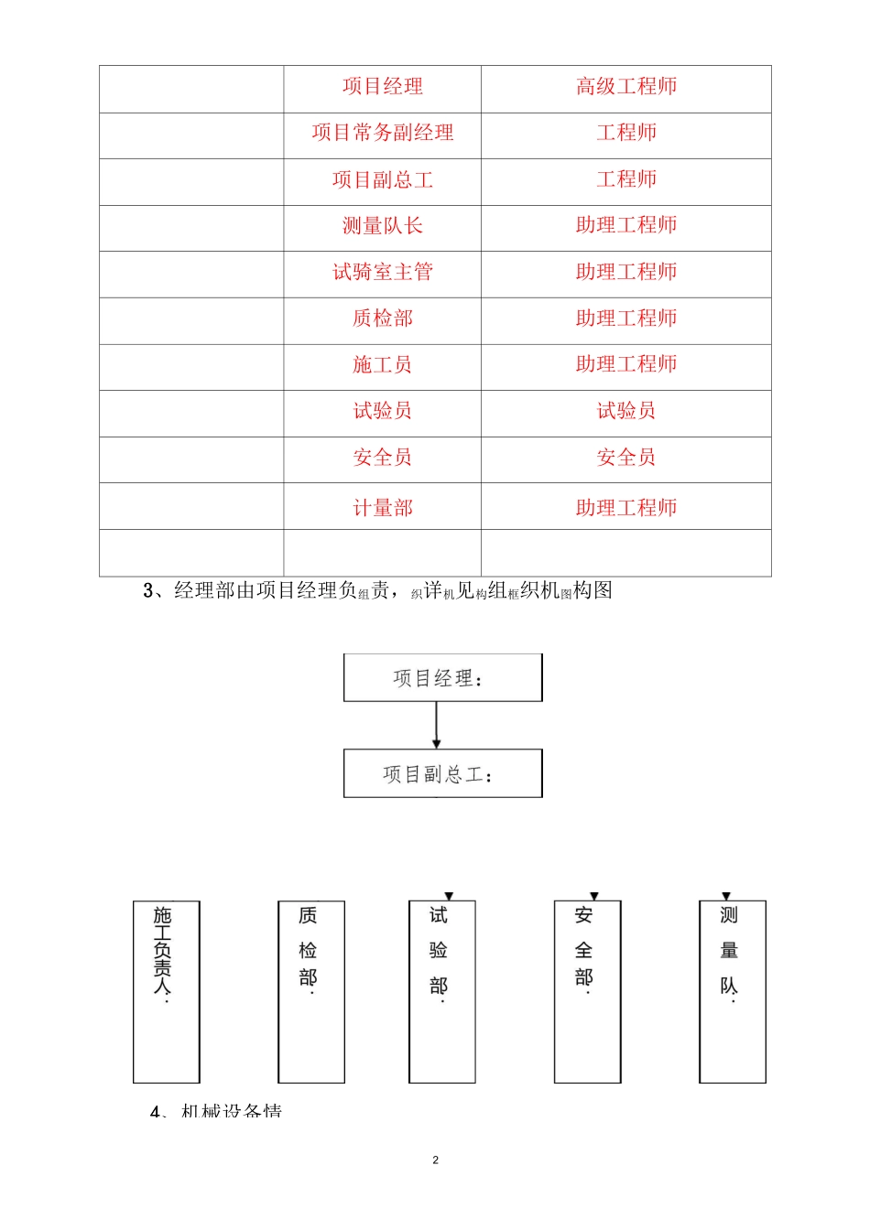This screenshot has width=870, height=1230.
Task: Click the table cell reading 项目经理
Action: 382,87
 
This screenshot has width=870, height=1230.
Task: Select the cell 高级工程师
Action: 625,87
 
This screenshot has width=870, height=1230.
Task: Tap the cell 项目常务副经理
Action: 382,134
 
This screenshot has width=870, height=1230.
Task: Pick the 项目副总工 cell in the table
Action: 382,180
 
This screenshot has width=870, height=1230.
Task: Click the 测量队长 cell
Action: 382,226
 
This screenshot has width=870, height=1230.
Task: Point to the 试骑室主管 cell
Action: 382,273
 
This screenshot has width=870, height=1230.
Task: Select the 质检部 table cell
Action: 382,319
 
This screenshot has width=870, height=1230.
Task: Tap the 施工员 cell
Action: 382,365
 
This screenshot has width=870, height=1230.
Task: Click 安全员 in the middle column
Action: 382,458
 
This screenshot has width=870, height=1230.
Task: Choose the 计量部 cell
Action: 382,508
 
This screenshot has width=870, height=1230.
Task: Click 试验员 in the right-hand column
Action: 625,412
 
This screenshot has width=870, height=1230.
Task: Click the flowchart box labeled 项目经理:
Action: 442,678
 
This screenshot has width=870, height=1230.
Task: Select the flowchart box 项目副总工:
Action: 442,774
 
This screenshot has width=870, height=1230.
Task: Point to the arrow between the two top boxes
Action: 437,725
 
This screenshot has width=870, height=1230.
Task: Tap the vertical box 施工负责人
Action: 166,992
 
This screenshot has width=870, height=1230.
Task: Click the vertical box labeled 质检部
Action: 311,992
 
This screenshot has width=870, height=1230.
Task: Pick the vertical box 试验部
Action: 441,992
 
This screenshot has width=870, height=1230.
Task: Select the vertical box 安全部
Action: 587,992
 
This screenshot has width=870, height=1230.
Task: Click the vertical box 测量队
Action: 732,992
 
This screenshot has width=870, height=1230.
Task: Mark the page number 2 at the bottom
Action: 435,1160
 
